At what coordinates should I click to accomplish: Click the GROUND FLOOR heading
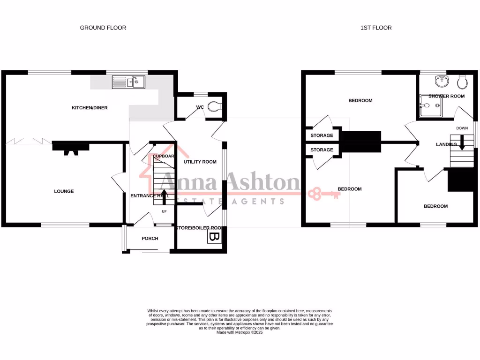coord(103,28)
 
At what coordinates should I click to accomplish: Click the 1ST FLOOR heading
coord(376,28)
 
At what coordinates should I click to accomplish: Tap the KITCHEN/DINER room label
coord(89,108)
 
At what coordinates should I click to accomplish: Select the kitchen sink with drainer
coord(128,82)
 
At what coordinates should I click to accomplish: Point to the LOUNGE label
coord(64,191)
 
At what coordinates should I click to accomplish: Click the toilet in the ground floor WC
coord(214,107)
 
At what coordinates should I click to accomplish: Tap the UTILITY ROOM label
coord(200,162)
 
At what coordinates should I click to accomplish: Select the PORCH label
coord(150,239)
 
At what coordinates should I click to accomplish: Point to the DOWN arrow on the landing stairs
coord(462,142)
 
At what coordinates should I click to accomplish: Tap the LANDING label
coord(446,144)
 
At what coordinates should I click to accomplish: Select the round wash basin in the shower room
coord(441,82)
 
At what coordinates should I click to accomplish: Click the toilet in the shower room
coord(462,82)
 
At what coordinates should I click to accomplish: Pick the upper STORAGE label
coord(322,135)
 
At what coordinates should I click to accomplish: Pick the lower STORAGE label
coord(322,150)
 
